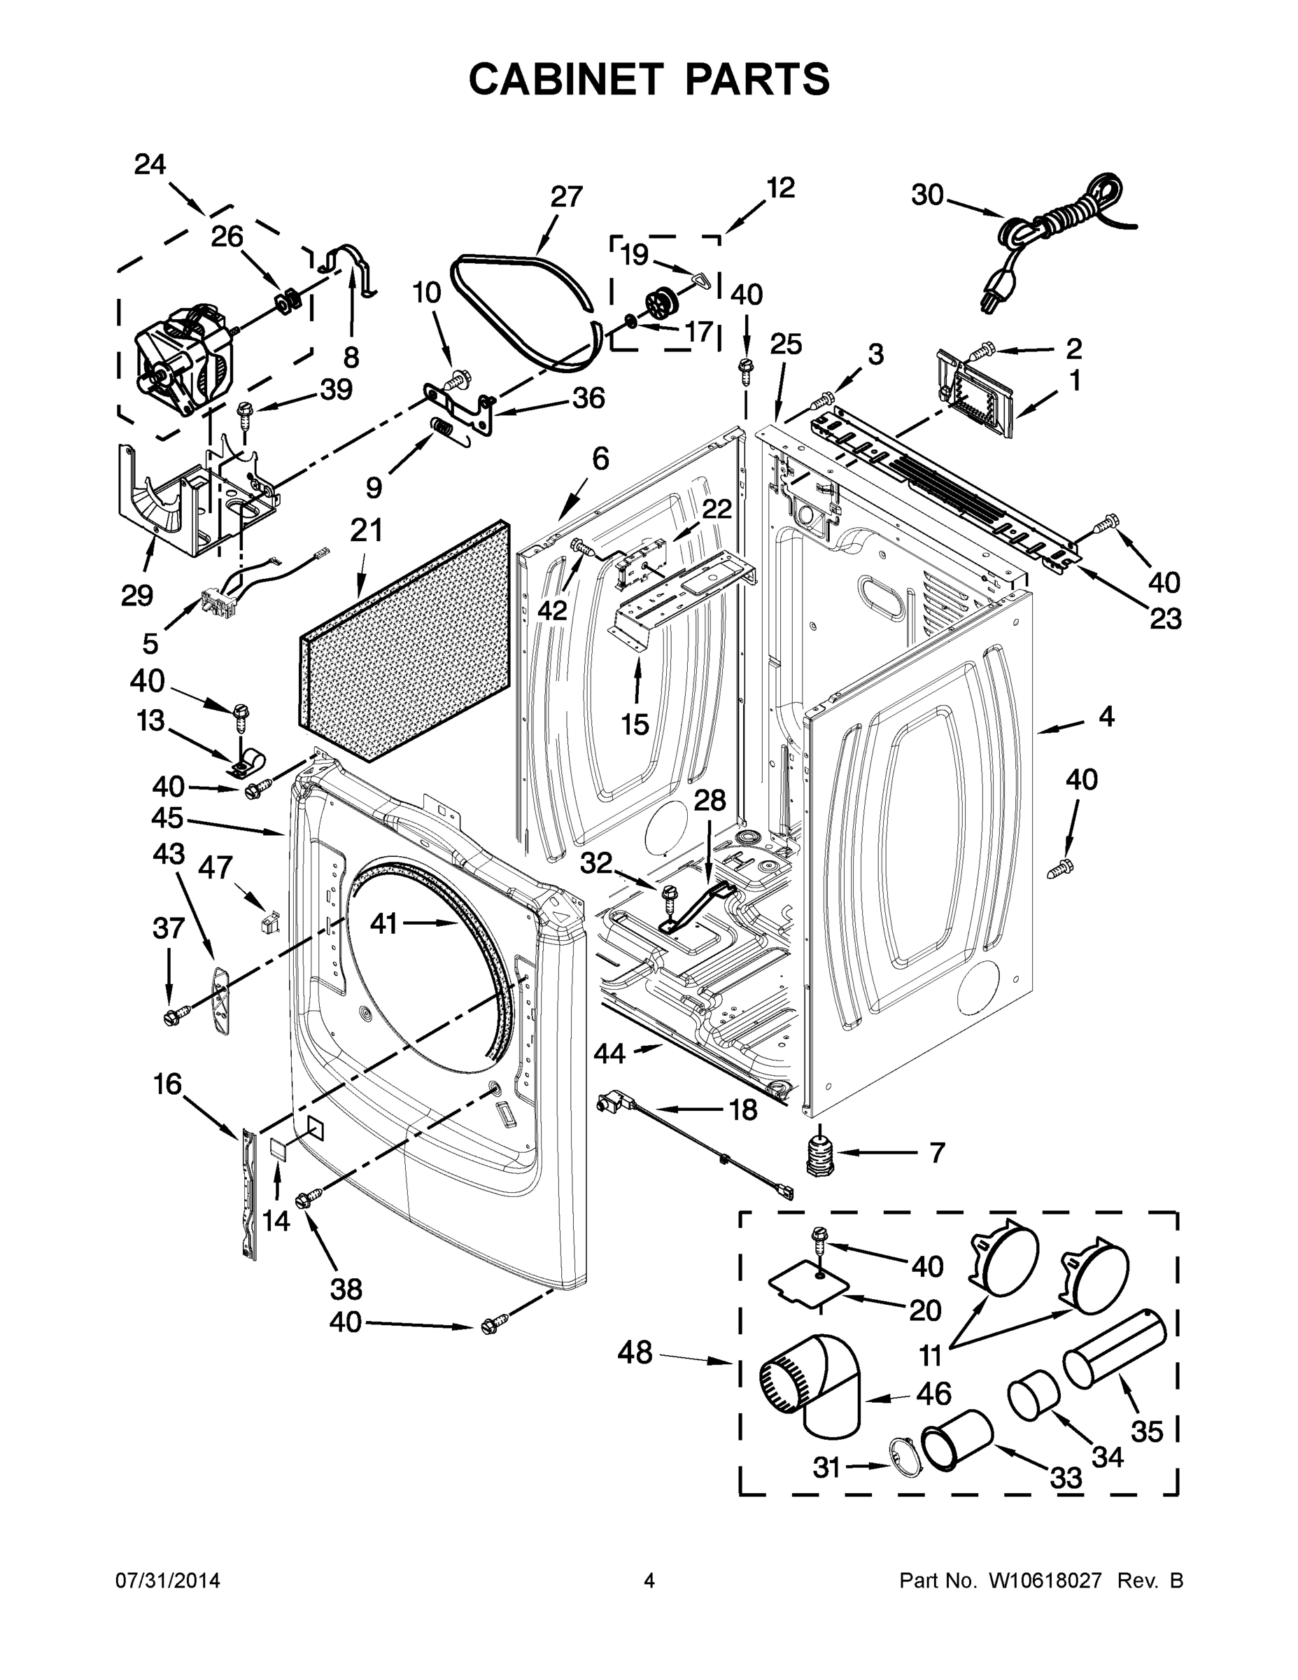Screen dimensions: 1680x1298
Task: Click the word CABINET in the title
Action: (x=565, y=78)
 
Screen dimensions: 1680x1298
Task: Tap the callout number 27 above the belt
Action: (x=566, y=197)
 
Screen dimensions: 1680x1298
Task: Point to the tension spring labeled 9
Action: (x=445, y=428)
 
